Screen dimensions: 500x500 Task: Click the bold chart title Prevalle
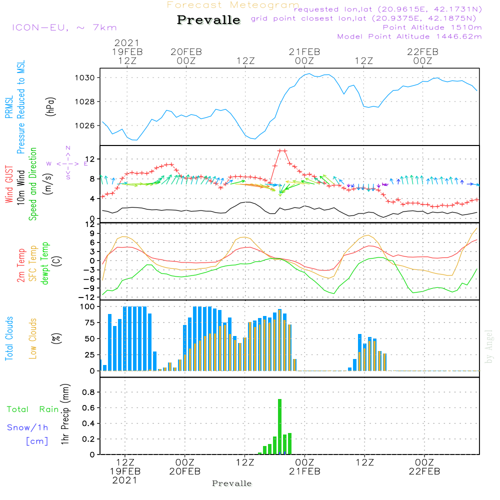[208, 20]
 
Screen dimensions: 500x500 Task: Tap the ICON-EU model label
[64, 27]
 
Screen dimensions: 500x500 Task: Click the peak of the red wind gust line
[282, 150]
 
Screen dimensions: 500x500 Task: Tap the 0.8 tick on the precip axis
[88, 392]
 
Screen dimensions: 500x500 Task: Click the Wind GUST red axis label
[9, 185]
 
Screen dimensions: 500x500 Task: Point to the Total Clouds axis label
[9, 338]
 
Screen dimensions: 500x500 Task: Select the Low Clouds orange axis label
[33, 338]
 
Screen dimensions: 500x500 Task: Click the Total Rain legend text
[32, 409]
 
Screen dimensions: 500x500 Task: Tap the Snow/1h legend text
[27, 427]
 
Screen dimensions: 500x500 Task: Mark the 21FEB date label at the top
[304, 51]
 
